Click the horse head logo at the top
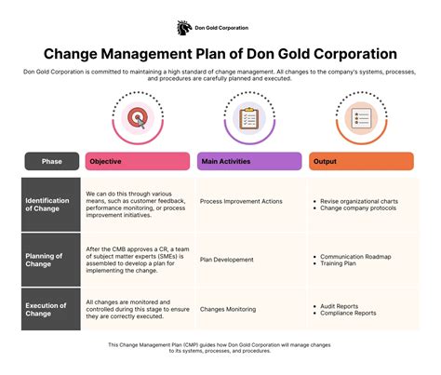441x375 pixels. (x=184, y=28)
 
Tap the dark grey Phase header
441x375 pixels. (x=52, y=161)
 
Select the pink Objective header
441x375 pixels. (x=138, y=161)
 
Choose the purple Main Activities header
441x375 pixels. (x=249, y=161)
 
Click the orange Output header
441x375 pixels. (x=361, y=161)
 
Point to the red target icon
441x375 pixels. (x=138, y=118)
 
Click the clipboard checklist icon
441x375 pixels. (x=249, y=118)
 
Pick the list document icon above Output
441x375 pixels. (x=361, y=118)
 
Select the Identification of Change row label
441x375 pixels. (x=47, y=205)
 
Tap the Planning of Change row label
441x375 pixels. (x=44, y=260)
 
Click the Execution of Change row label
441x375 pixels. (x=46, y=309)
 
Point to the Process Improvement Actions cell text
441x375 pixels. (x=241, y=201)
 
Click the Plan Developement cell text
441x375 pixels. (x=226, y=260)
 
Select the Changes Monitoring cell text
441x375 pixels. (x=228, y=309)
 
